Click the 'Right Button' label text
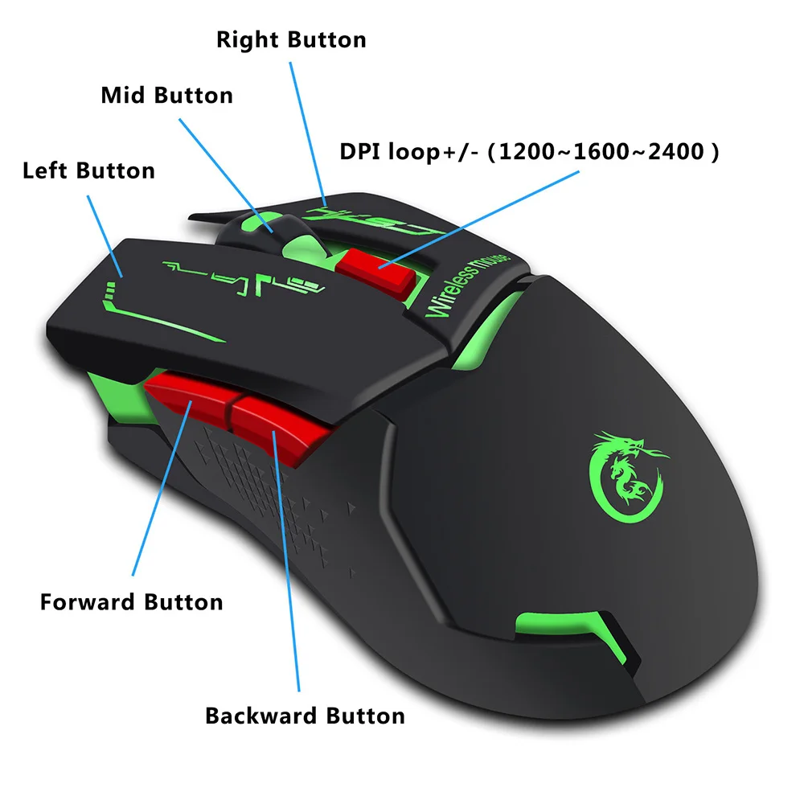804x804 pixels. point(291,39)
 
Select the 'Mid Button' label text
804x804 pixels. point(166,95)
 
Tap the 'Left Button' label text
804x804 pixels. point(88,170)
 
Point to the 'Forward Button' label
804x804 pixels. point(131,601)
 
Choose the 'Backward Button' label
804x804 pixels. point(305,715)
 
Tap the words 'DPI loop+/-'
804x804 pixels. point(408,150)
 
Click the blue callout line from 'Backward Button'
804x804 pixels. point(287,563)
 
